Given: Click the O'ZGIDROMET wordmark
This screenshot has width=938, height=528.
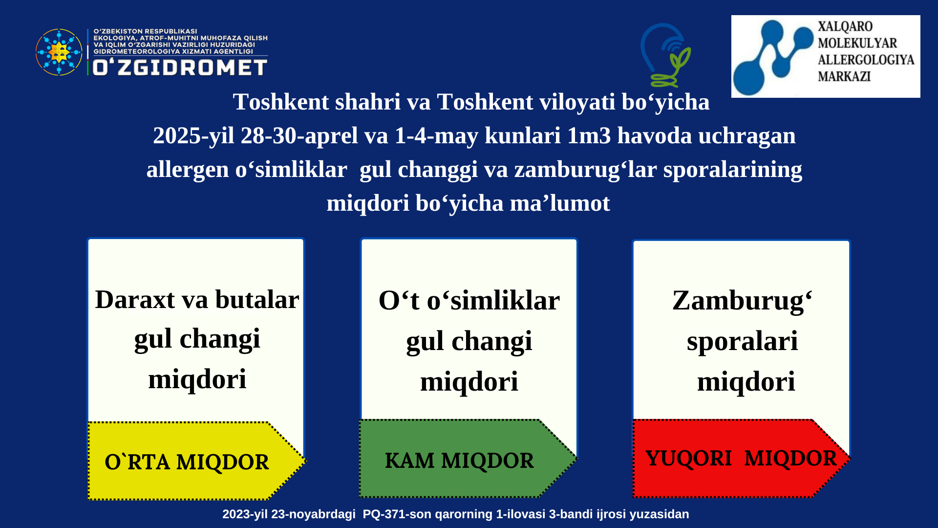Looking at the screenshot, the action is (x=180, y=67).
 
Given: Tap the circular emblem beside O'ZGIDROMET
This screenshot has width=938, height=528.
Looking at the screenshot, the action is (x=59, y=52).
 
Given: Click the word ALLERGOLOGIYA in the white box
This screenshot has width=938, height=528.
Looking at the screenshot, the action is (x=866, y=60).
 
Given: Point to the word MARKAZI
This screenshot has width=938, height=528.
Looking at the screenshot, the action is (x=844, y=76).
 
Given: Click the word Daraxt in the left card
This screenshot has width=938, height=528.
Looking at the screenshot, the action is (x=135, y=299).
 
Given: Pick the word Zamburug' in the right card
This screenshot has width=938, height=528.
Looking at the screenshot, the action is (x=742, y=301).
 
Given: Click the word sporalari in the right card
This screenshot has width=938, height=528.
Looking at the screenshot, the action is (x=742, y=342).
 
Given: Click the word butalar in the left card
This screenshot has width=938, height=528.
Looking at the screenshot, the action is (x=257, y=299).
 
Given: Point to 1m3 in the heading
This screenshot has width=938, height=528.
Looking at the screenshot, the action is (x=589, y=135).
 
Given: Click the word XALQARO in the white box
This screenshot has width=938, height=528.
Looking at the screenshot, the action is (x=845, y=26).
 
